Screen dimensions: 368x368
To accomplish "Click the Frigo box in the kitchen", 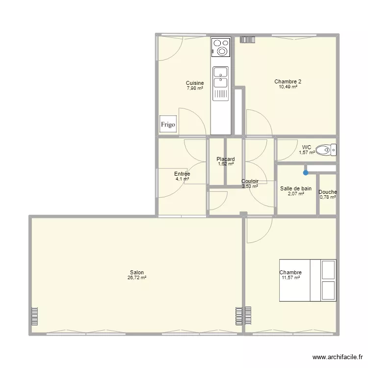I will (168, 124).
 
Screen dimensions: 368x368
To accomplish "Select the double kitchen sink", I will (221, 78).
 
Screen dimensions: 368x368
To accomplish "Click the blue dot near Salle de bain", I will (306, 172).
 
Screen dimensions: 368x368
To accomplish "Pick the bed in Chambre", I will (308, 280).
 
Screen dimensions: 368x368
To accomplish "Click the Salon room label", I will (137, 273).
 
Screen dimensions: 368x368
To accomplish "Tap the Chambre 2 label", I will (288, 81).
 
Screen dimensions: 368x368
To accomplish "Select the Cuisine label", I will (195, 83).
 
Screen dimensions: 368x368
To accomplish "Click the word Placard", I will (226, 159).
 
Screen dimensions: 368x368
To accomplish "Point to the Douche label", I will (328, 192).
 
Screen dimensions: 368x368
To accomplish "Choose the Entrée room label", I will (182, 174).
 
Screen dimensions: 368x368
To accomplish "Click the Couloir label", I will (250, 181).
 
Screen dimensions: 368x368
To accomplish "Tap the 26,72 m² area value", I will (137, 278).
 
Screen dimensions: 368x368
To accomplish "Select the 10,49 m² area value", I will (288, 86).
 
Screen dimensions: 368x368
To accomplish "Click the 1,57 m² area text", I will (307, 153).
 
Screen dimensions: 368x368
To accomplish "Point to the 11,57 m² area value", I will (290, 278).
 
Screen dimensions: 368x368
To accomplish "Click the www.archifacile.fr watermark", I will (337, 358).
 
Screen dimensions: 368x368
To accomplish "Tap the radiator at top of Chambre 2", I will (248, 40).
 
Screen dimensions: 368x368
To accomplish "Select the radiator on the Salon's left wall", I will (34, 316).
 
